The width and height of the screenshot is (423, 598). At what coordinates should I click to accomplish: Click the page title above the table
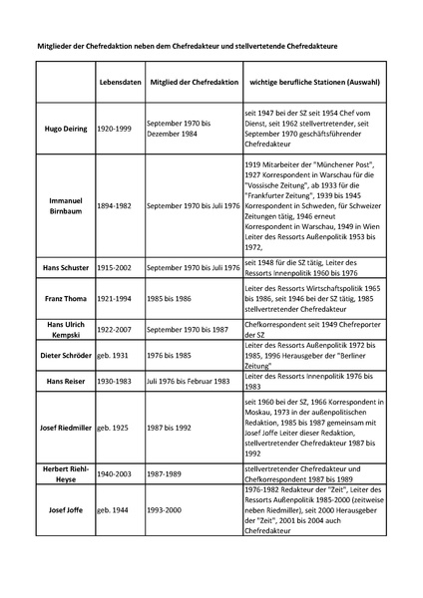(211, 43)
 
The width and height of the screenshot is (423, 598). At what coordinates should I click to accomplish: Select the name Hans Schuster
(66, 268)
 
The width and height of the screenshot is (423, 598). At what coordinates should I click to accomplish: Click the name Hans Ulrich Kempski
(66, 329)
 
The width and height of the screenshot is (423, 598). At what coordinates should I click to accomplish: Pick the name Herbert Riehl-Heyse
(66, 474)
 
